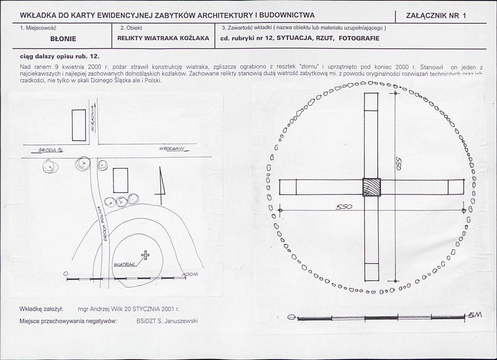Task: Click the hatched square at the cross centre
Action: pyautogui.click(x=371, y=187)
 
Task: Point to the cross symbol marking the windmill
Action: pyautogui.click(x=145, y=255)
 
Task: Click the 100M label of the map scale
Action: pyautogui.click(x=191, y=274)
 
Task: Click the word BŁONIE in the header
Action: pyautogui.click(x=63, y=39)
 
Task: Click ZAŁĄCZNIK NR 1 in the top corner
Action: pyautogui.click(x=436, y=16)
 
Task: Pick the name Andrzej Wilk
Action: pyautogui.click(x=111, y=309)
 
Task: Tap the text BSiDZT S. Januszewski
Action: pyautogui.click(x=167, y=321)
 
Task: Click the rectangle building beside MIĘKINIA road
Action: pyautogui.click(x=79, y=125)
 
